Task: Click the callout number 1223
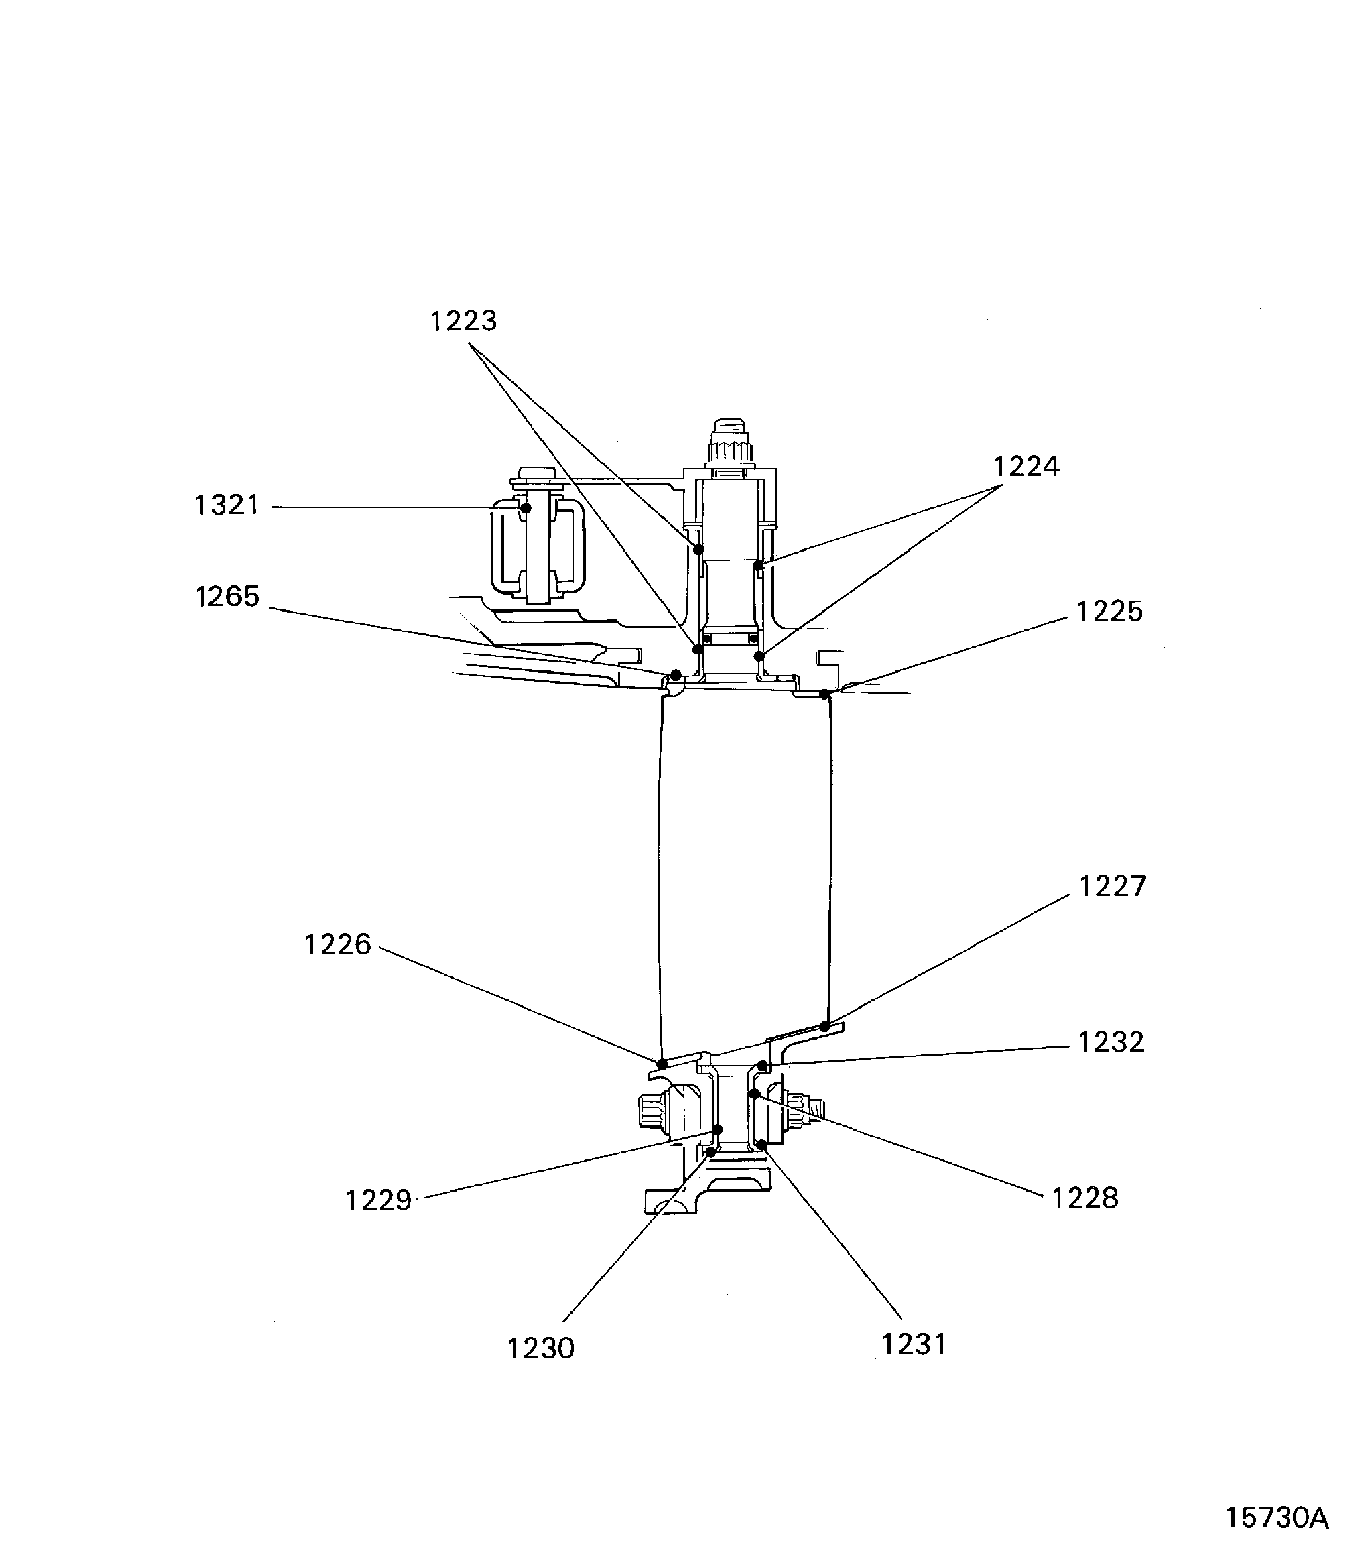(x=463, y=321)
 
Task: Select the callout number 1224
(x=1026, y=467)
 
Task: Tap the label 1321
(x=227, y=505)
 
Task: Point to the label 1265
(x=227, y=597)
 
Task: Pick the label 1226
(x=337, y=944)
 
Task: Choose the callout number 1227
(x=1112, y=886)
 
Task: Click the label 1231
(x=914, y=1345)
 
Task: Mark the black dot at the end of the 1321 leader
(x=526, y=508)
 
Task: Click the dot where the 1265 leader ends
(x=676, y=675)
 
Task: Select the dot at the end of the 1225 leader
(x=824, y=693)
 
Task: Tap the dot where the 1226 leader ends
(x=662, y=1064)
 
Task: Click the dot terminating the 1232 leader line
(x=762, y=1066)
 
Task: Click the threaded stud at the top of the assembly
(x=731, y=442)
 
